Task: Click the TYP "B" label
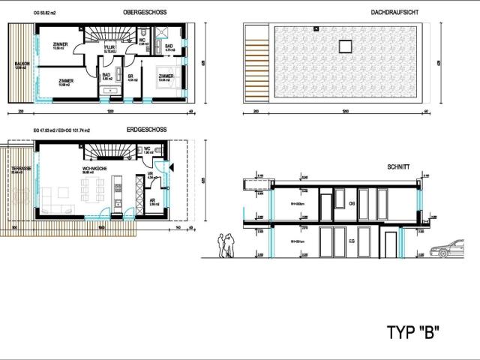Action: [412, 331]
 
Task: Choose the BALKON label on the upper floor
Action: [22, 64]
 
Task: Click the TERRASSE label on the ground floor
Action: [21, 169]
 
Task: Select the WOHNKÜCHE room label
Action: [94, 169]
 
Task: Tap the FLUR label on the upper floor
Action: [109, 46]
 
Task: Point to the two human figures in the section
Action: [226, 245]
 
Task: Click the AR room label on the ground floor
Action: [151, 201]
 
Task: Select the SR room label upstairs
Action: [130, 76]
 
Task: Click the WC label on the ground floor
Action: [148, 148]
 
